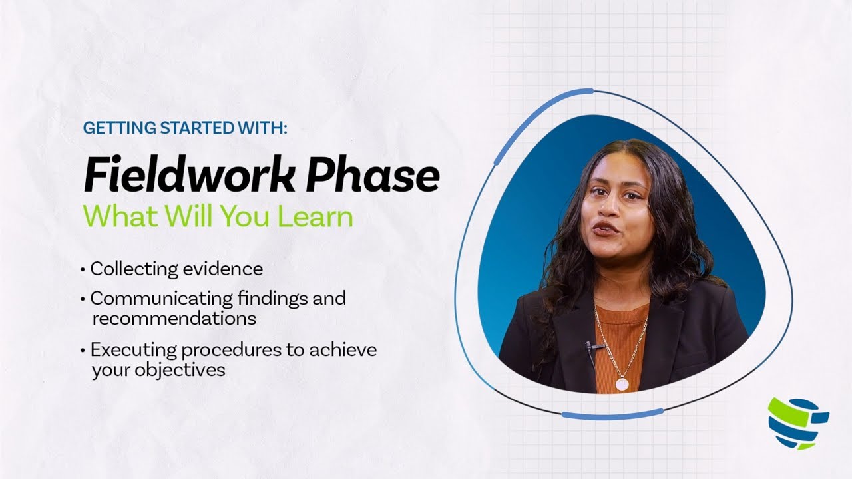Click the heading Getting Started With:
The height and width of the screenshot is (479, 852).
coord(185,128)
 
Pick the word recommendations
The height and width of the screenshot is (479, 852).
coord(174,318)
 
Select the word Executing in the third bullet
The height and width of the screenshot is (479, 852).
coord(127,349)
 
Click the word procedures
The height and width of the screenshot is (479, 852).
coord(218,350)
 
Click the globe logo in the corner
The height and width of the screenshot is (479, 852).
coord(797,423)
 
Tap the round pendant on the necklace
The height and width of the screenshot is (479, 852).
coord(622,384)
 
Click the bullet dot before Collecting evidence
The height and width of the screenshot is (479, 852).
coord(83,270)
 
